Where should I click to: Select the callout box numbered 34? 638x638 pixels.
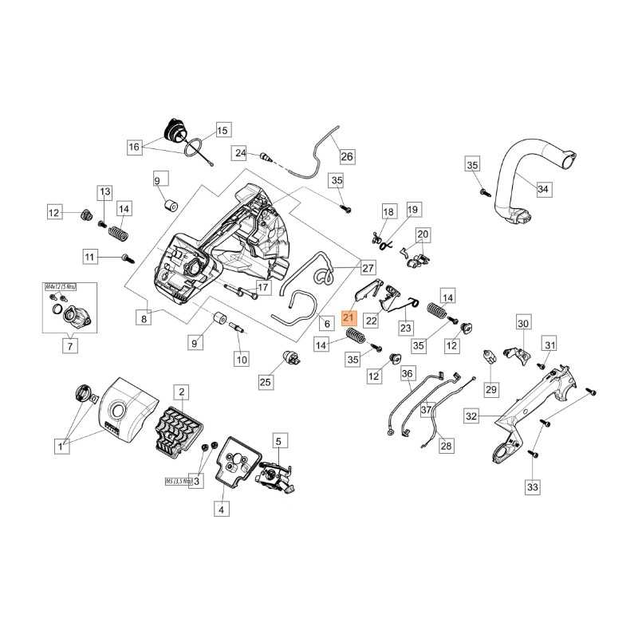pyautogui.click(x=543, y=190)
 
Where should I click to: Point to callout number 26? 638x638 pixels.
pyautogui.click(x=347, y=156)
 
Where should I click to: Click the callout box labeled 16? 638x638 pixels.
pyautogui.click(x=134, y=147)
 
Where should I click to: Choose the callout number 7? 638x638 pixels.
pyautogui.click(x=69, y=346)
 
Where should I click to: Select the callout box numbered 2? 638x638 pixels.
pyautogui.click(x=182, y=392)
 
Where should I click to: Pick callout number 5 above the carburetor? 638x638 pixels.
pyautogui.click(x=278, y=440)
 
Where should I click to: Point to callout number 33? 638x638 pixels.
pyautogui.click(x=532, y=486)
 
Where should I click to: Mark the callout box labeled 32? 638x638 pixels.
pyautogui.click(x=472, y=416)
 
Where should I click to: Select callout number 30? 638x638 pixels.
pyautogui.click(x=523, y=324)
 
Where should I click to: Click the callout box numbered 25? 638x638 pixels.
pyautogui.click(x=265, y=383)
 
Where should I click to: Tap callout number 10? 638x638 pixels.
pyautogui.click(x=241, y=360)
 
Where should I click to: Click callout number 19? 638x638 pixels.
pyautogui.click(x=412, y=210)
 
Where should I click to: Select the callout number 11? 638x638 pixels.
pyautogui.click(x=90, y=257)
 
